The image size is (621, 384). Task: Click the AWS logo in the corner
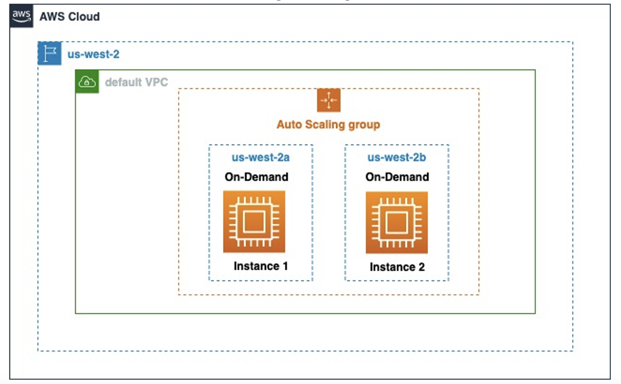click(x=21, y=16)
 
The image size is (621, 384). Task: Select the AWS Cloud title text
click(x=70, y=16)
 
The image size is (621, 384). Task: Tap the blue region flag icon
click(x=50, y=53)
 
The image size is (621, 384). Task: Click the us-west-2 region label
click(x=93, y=54)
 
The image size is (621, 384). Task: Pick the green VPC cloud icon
click(x=87, y=82)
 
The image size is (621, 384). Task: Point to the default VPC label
click(x=136, y=82)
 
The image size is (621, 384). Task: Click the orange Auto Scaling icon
click(x=328, y=100)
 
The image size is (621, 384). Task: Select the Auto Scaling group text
click(x=328, y=124)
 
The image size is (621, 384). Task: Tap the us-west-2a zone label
click(x=260, y=157)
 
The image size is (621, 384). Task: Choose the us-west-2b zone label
click(x=397, y=157)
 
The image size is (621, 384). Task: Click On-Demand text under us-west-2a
click(x=257, y=177)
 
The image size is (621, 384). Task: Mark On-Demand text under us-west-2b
click(x=397, y=177)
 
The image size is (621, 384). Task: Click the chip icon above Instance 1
click(x=254, y=222)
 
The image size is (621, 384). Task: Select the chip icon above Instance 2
click(x=397, y=223)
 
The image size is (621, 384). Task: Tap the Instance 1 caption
click(x=261, y=266)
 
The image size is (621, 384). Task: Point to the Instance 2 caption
click(x=397, y=267)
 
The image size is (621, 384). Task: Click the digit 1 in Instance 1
click(x=285, y=266)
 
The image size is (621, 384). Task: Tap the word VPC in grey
click(x=156, y=82)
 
